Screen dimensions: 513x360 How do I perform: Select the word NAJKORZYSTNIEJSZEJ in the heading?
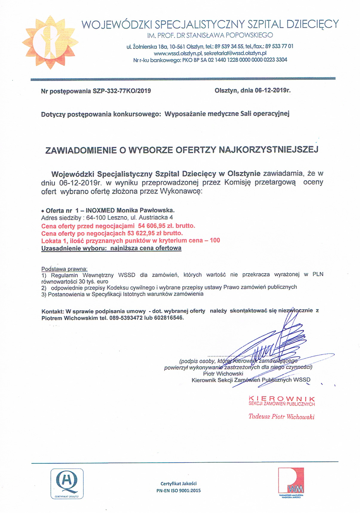(x=269, y=149)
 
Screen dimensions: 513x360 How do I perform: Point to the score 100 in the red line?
(x=215, y=240)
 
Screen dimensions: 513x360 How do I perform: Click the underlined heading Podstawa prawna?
(x=64, y=269)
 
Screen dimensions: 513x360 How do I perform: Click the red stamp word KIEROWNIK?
(x=282, y=399)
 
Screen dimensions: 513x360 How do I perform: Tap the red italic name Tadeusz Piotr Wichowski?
(x=281, y=417)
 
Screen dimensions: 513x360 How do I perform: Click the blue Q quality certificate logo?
(x=67, y=483)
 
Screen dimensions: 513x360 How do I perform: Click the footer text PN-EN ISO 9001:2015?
(x=179, y=490)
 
